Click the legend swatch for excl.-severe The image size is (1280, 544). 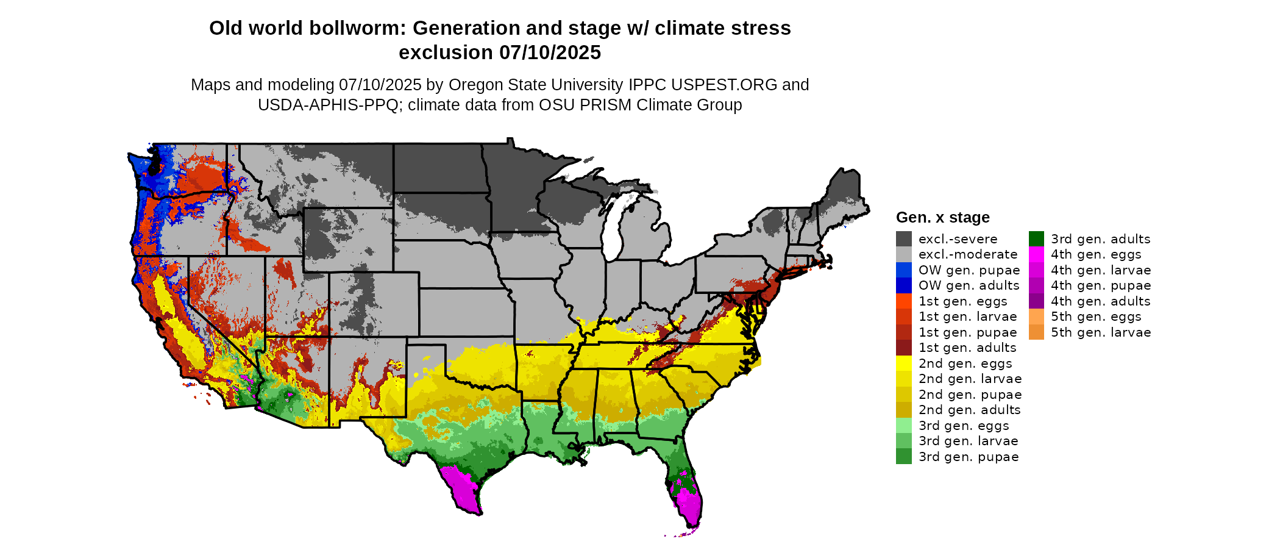(903, 239)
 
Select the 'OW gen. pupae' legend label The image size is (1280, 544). (969, 270)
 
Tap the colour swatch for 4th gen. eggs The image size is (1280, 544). (1036, 254)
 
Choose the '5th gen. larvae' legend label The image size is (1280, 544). (1101, 332)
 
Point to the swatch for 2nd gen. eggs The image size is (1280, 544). (903, 363)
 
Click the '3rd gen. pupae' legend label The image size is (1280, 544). (969, 457)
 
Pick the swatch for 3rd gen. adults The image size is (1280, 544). (1036, 239)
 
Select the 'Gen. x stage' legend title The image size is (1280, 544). (942, 217)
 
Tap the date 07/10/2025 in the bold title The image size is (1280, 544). (550, 52)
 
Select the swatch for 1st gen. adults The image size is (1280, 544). (903, 348)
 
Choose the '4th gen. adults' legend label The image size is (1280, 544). (1101, 301)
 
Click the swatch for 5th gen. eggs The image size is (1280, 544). (1036, 317)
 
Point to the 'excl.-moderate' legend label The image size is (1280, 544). (968, 254)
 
